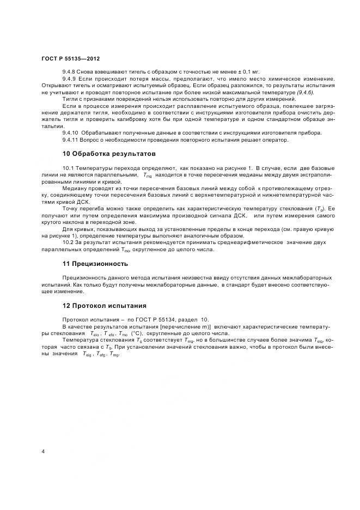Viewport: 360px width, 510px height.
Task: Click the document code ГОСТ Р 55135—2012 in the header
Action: (x=70, y=58)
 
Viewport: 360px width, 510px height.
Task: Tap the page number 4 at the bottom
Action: (x=43, y=452)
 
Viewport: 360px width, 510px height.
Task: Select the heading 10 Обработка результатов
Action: (x=109, y=154)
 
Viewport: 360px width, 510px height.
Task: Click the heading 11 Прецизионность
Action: (x=95, y=264)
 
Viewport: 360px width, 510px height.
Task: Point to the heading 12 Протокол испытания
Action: (x=105, y=306)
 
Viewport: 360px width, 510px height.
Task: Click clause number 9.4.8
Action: (x=70, y=72)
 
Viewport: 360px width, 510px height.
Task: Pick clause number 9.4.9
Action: (x=70, y=79)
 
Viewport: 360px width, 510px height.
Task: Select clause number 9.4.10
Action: (x=72, y=133)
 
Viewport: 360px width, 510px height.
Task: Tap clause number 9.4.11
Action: (x=72, y=140)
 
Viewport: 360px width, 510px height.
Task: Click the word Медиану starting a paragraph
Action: (x=75, y=186)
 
